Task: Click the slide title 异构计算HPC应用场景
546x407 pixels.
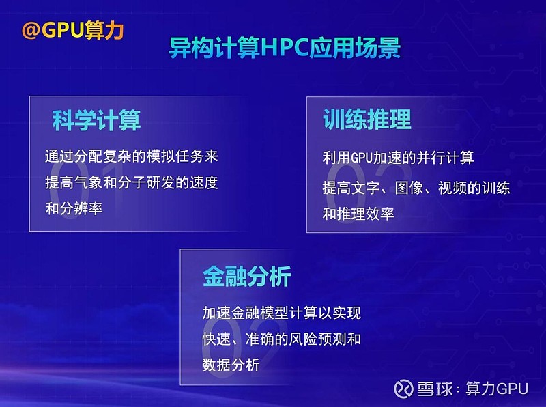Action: (x=285, y=48)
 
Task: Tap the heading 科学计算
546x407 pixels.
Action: (x=96, y=121)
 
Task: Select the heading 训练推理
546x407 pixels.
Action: (x=367, y=120)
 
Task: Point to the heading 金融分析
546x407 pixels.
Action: (x=246, y=276)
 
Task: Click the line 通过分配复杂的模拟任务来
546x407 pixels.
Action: (x=132, y=156)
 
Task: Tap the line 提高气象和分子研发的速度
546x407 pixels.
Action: (x=132, y=182)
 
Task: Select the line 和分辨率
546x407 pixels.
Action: (x=74, y=208)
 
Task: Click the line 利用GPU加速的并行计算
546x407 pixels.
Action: (x=399, y=158)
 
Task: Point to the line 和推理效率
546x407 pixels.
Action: (x=358, y=213)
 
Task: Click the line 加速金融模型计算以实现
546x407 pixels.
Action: (x=281, y=313)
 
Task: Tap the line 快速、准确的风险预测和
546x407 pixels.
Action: (x=281, y=339)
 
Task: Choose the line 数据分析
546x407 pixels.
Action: (x=231, y=365)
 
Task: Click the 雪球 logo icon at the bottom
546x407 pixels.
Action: (x=404, y=389)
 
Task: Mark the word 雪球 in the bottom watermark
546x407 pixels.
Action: (x=435, y=389)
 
